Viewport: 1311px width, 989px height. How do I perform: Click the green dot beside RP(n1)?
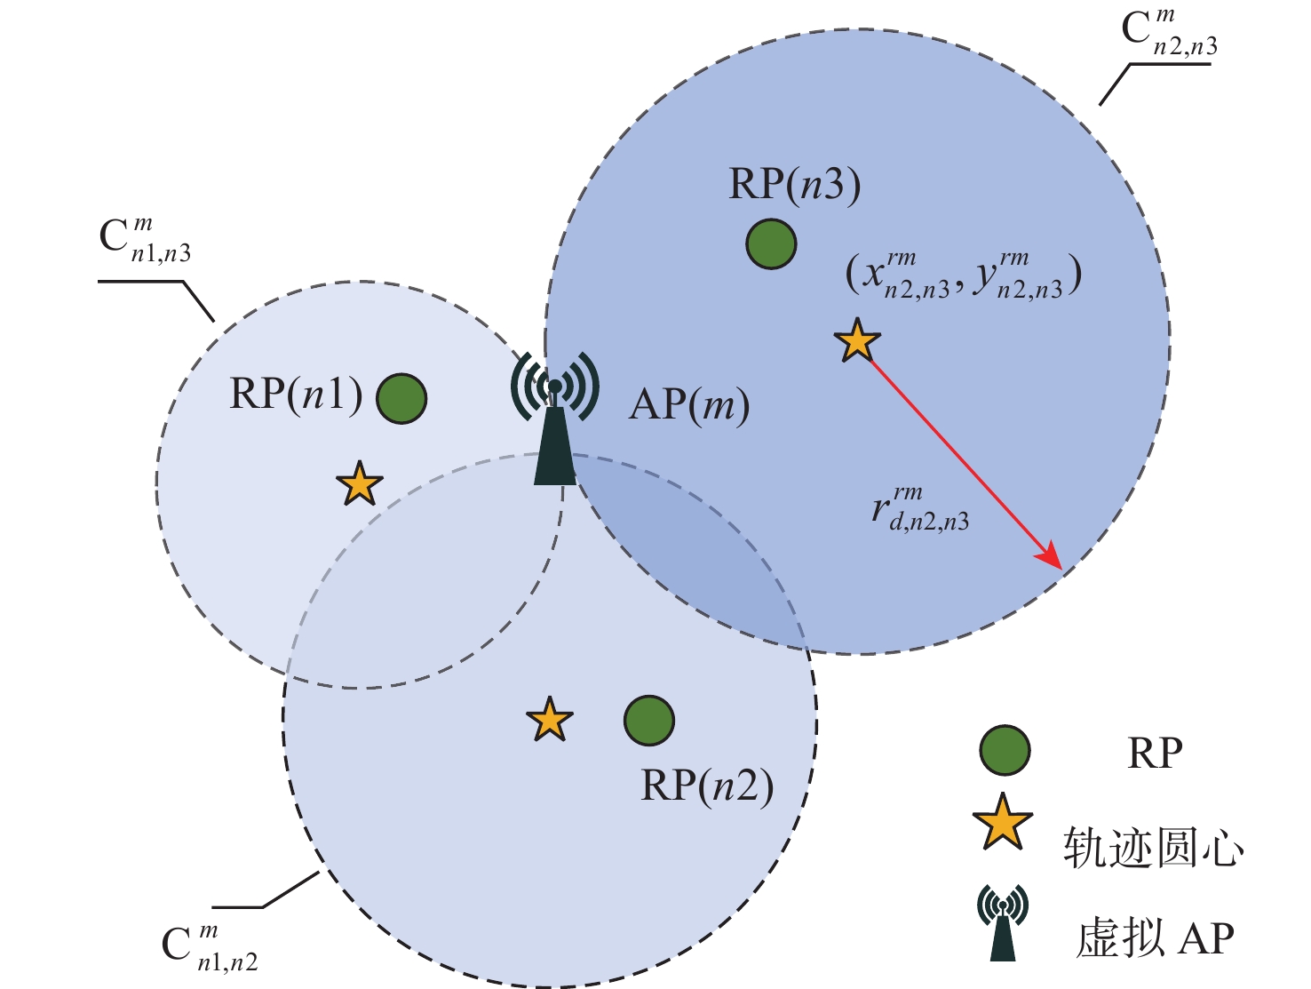click(401, 398)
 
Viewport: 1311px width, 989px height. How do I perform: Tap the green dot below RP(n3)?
click(771, 243)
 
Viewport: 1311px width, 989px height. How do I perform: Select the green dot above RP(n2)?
click(649, 720)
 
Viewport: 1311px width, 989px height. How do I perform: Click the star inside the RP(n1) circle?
click(360, 484)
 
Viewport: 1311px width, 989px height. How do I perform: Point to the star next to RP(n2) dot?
click(549, 720)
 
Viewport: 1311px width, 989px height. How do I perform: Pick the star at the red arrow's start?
click(857, 341)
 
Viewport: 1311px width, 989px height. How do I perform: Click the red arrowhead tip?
click(1061, 567)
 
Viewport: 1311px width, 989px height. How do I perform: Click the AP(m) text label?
click(689, 406)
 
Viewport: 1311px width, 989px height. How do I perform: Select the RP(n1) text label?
click(296, 393)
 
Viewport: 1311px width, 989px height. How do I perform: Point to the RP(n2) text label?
click(707, 786)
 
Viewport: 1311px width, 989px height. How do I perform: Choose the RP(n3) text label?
click(794, 185)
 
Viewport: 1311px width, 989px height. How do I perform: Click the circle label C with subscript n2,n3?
click(1169, 34)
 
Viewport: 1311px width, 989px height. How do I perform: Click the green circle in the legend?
click(1005, 750)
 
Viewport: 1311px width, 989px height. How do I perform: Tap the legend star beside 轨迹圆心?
click(1003, 823)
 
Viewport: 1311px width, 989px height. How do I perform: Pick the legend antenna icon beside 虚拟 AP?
click(1003, 922)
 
